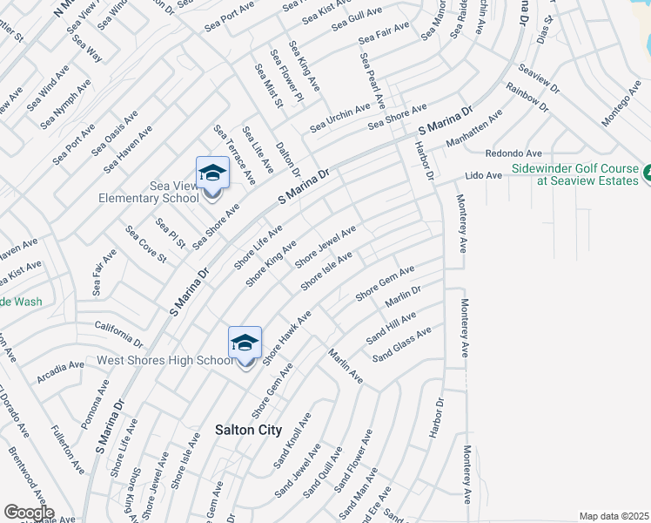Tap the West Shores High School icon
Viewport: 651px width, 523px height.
click(x=245, y=343)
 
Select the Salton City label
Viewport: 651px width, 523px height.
click(x=248, y=430)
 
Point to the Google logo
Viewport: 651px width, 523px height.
click(x=28, y=513)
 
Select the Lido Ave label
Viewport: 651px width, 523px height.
click(x=483, y=175)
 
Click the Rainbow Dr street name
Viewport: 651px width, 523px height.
click(x=527, y=98)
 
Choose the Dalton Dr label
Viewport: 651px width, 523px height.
click(x=287, y=159)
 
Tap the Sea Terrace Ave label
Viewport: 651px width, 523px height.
click(x=234, y=154)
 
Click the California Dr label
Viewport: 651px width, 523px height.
click(x=119, y=332)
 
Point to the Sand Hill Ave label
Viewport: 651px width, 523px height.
click(x=391, y=326)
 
